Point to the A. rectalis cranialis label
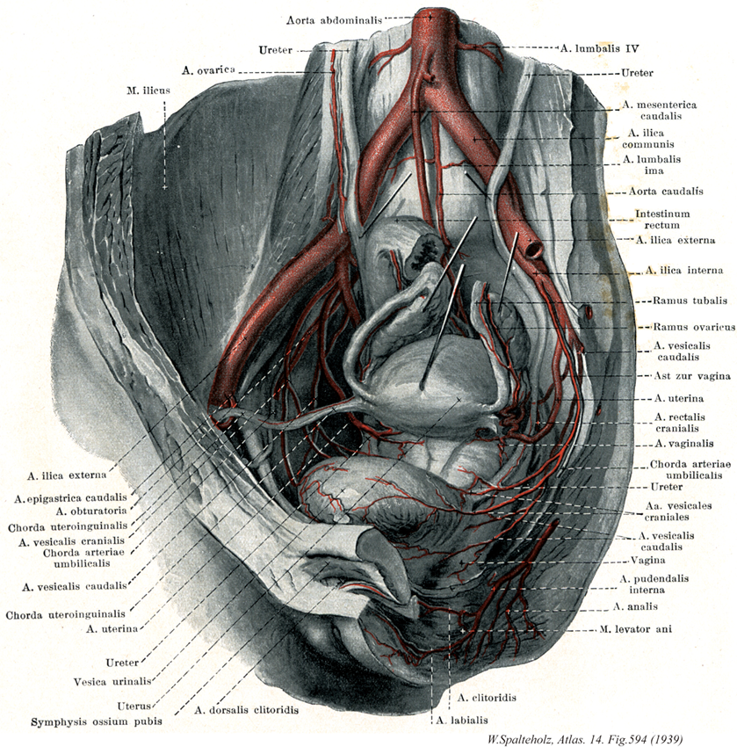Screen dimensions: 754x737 [684, 421]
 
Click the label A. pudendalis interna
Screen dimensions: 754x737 [653, 584]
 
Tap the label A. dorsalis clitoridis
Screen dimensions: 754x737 [247, 709]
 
